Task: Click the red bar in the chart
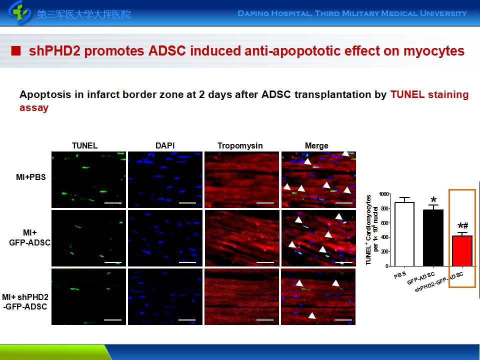tap(462, 250)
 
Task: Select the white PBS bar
tap(404, 234)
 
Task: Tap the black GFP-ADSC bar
tap(433, 238)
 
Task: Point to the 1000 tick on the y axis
tap(384, 194)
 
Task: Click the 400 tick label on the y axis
tap(384, 237)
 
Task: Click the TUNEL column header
tap(85, 145)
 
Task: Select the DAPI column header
tap(165, 145)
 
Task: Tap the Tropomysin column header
tap(240, 145)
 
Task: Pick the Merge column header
tap(316, 145)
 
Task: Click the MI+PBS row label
tap(31, 177)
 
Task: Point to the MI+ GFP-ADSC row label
tap(29, 237)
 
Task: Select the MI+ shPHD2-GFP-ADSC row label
tap(25, 301)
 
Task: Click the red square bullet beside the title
tap(15, 51)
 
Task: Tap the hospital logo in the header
tap(19, 13)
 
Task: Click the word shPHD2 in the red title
tap(55, 51)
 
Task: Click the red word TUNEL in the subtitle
tap(407, 94)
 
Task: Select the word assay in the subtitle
tap(34, 108)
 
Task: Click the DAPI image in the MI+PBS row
tap(165, 179)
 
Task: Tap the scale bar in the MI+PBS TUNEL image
tap(112, 202)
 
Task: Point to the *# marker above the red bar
tap(463, 226)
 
